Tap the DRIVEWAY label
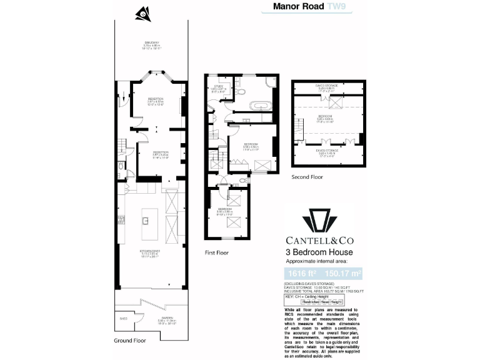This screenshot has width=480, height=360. pyautogui.click(x=151, y=42)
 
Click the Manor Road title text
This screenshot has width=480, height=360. pyautogui.click(x=299, y=7)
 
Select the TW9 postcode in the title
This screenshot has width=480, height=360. pyautogui.click(x=337, y=7)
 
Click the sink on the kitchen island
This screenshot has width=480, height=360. pyautogui.click(x=144, y=220)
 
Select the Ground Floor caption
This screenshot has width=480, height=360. pyautogui.click(x=129, y=341)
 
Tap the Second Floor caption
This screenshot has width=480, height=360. pyautogui.click(x=308, y=177)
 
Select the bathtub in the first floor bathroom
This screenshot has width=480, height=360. pyautogui.click(x=248, y=104)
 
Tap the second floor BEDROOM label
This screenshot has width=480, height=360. pyautogui.click(x=324, y=116)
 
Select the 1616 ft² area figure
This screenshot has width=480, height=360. pyautogui.click(x=301, y=273)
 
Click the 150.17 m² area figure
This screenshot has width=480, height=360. pyautogui.click(x=341, y=273)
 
